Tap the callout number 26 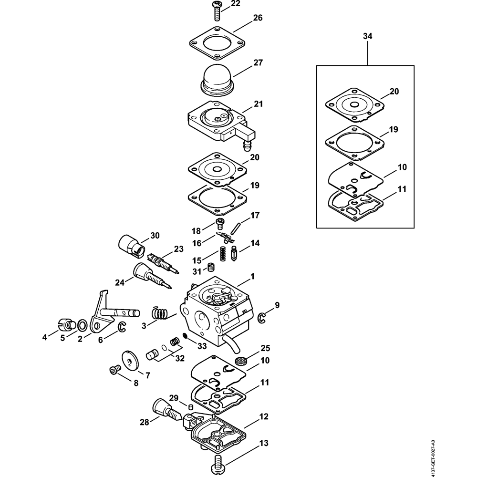click(258, 18)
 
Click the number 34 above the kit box click(367, 36)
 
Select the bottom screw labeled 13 click(219, 460)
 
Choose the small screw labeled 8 click(114, 369)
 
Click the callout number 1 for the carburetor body click(253, 277)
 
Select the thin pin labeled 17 click(235, 228)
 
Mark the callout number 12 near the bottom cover click(263, 416)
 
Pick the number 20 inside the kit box click(394, 91)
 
